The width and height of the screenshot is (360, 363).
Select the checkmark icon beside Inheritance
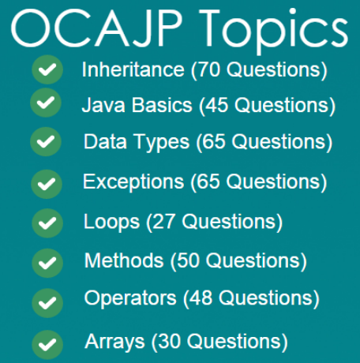coord(47,70)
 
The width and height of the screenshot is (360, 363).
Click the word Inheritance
coord(133,69)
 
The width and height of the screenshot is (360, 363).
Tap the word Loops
coord(111,221)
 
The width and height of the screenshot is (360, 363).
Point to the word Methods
coord(123,260)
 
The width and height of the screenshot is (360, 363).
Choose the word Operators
coord(130,298)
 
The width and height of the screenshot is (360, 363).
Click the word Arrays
coord(114,342)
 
